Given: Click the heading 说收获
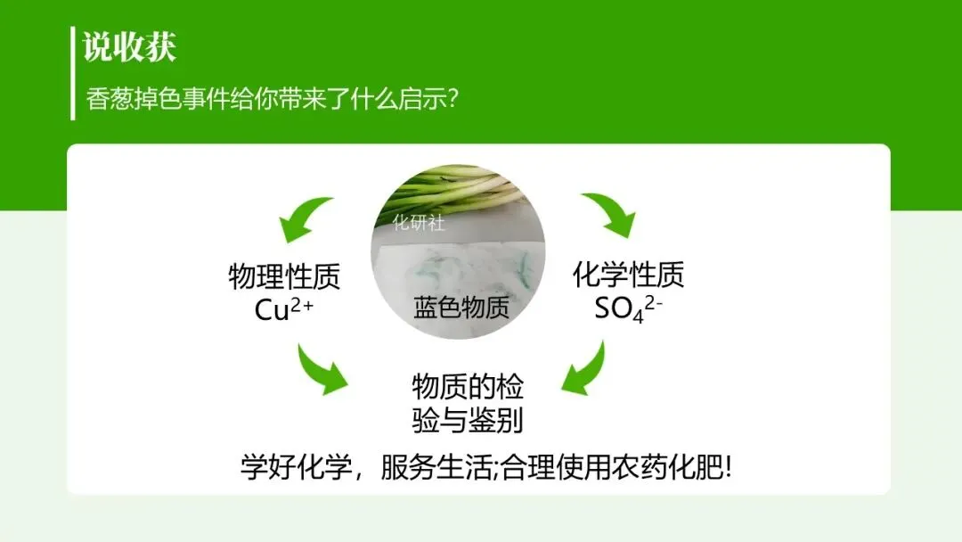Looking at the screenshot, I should (x=129, y=47).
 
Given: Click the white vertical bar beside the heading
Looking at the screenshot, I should (x=72, y=73).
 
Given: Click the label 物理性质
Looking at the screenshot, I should (x=284, y=275).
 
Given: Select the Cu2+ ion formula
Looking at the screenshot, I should (x=284, y=308).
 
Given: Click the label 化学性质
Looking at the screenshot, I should (x=628, y=275).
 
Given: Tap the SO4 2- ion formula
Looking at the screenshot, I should (x=629, y=308).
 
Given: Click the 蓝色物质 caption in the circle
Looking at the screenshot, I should (x=461, y=308).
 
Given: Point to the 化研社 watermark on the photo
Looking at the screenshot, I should (x=419, y=223).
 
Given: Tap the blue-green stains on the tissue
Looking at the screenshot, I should (x=445, y=267).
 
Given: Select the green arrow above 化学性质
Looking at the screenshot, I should (x=611, y=215).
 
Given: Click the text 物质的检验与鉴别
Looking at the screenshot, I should (x=468, y=404).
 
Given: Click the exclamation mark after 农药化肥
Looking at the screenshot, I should (x=727, y=466).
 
